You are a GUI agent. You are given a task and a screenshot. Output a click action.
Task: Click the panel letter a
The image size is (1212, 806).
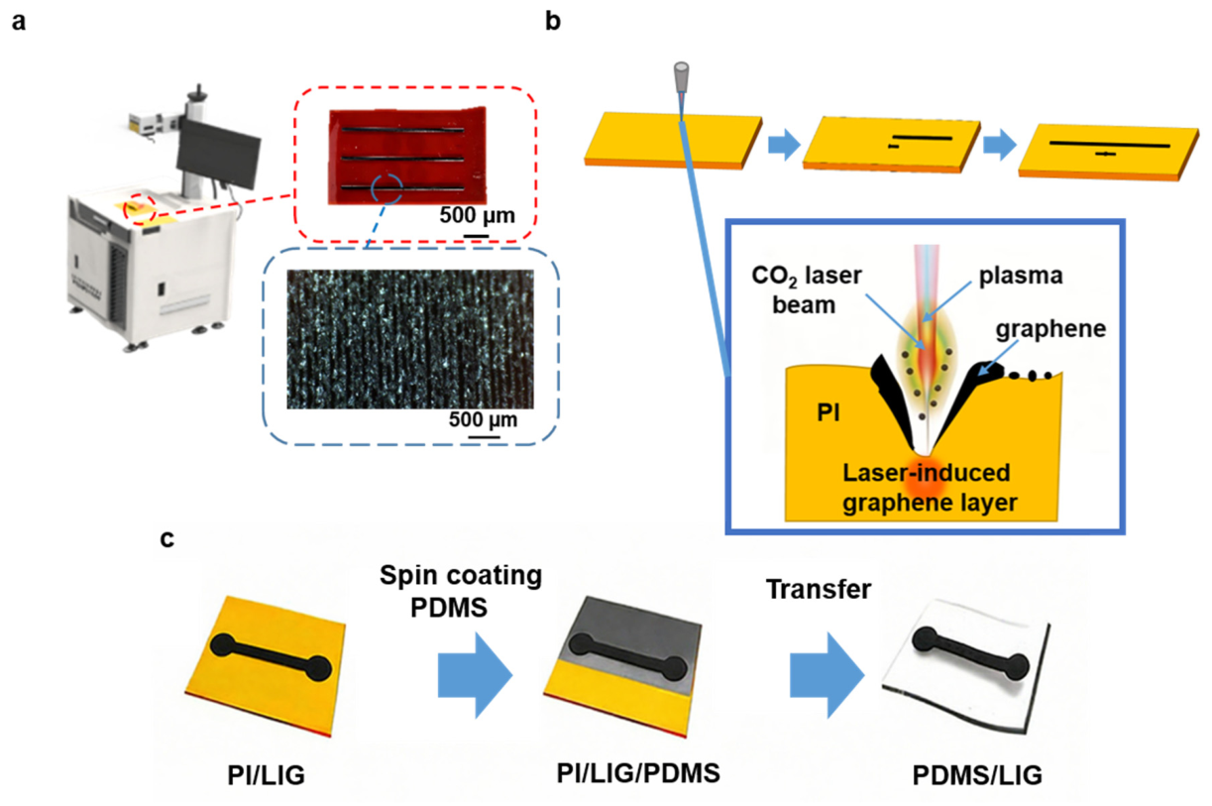pos(19,23)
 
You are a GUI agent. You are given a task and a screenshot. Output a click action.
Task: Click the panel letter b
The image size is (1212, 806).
pos(552,21)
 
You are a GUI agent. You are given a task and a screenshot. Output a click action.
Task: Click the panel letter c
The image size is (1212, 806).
pos(167,539)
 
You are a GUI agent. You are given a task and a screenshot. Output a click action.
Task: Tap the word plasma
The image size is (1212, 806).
pos(1021,276)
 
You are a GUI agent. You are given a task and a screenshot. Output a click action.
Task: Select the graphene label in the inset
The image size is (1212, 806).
pos(1050,329)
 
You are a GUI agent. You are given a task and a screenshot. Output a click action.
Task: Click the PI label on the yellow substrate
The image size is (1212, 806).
pos(828,412)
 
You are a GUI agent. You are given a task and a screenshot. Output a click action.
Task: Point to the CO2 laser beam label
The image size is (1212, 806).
pos(806,290)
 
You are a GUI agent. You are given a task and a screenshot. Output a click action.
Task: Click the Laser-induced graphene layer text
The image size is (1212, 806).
pos(929,488)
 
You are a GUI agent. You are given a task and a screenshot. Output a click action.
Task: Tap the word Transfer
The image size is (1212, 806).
pos(819,590)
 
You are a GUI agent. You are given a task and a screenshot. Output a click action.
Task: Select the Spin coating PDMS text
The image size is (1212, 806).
pos(461,591)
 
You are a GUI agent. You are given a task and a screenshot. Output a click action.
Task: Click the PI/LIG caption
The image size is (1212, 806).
pos(267,775)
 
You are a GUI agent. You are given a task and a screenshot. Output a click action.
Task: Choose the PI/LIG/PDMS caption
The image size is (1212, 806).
pos(638,773)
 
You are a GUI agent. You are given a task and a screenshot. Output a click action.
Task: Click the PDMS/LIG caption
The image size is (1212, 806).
pos(977,775)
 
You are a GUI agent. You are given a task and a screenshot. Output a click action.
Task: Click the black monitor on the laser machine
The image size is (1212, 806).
pos(218,154)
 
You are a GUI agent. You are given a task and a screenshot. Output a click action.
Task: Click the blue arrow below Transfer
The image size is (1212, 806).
pos(826,675)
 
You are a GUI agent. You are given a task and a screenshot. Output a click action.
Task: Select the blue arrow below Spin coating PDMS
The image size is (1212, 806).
pos(475,675)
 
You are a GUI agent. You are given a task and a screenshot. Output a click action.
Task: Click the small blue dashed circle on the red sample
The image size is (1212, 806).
pos(386,189)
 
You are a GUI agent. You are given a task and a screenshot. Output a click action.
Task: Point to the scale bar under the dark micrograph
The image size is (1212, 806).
pos(484,437)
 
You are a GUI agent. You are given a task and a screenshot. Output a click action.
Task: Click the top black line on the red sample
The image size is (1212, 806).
pos(402,130)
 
